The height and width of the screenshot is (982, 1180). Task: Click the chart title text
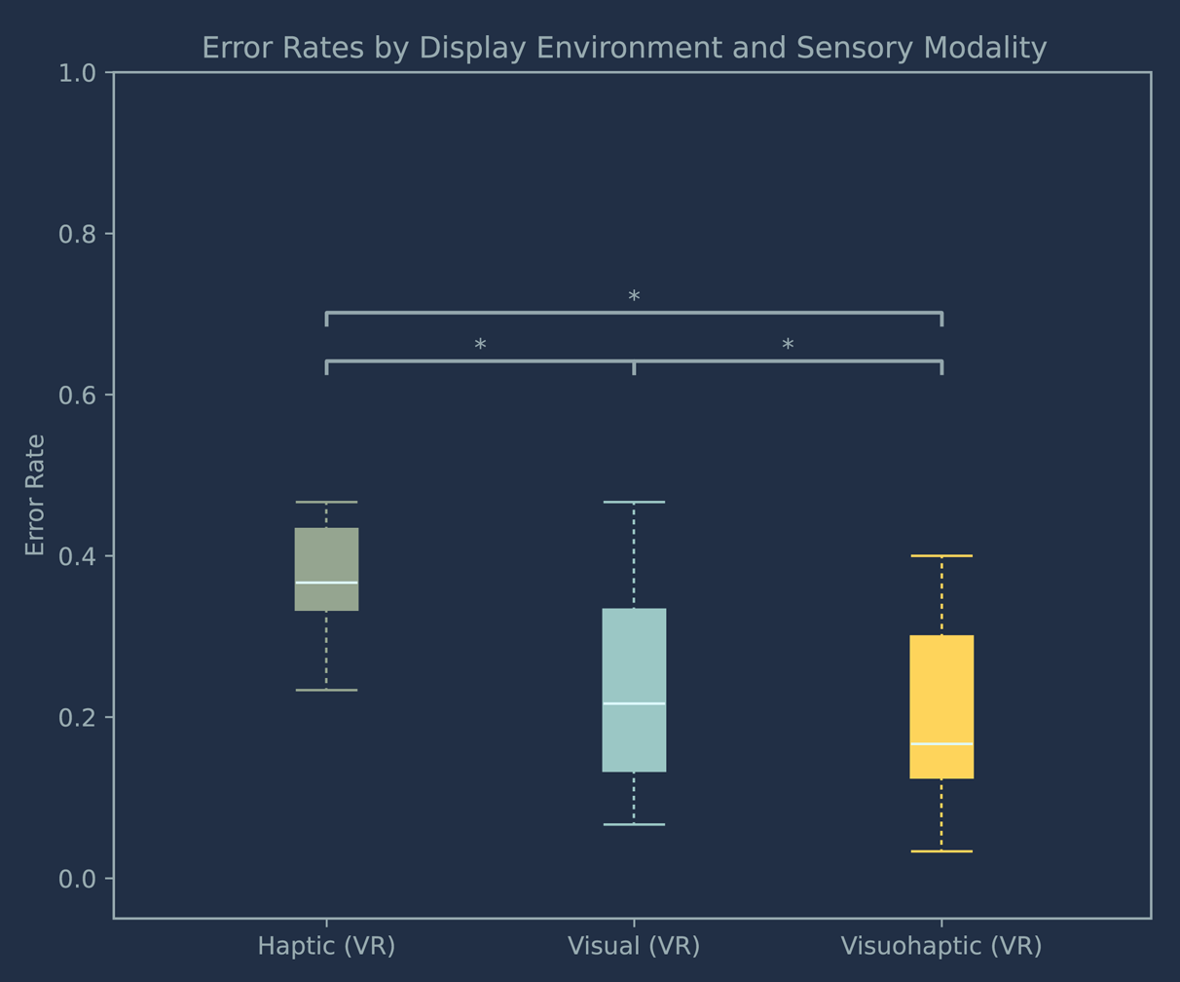point(624,48)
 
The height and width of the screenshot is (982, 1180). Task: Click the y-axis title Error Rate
point(35,495)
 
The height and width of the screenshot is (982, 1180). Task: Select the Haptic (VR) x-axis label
point(326,946)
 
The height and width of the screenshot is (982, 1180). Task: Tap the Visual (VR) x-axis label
point(634,946)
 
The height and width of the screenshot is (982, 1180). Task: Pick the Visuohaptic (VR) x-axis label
point(941,946)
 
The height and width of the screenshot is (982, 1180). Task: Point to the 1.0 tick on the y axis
point(78,73)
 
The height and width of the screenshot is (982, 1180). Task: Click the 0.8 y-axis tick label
point(78,235)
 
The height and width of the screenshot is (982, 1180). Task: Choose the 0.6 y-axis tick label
point(78,396)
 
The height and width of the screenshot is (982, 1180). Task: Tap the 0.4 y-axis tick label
point(78,557)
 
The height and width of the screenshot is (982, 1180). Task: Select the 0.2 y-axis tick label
point(78,718)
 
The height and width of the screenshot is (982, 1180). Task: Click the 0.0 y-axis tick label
point(78,880)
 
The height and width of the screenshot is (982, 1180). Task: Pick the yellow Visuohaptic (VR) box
point(941,692)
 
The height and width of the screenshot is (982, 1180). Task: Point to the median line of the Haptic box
point(326,583)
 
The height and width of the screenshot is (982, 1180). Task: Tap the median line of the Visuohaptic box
point(941,743)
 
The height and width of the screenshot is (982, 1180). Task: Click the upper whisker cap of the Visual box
point(634,502)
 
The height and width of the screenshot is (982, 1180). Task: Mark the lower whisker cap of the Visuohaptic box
point(941,851)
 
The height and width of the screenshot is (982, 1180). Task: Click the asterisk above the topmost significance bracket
point(634,298)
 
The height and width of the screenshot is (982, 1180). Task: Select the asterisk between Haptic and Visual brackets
point(480,346)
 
